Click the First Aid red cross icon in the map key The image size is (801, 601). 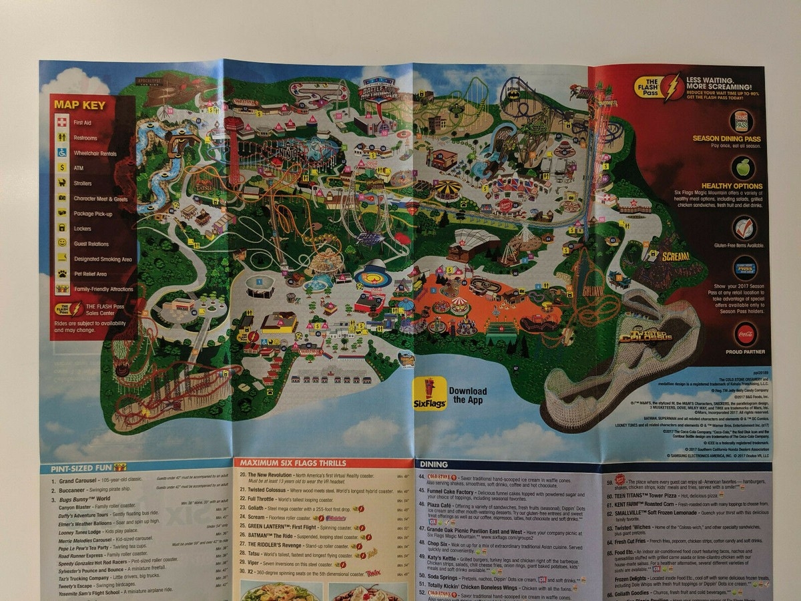tap(62, 123)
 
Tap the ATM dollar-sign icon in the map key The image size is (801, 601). tap(62, 168)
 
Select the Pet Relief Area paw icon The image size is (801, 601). tap(62, 274)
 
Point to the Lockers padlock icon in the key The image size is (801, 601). tap(62, 228)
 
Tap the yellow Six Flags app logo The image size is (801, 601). tap(429, 393)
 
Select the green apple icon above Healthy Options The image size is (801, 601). tap(742, 167)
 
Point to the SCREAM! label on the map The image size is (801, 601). tap(675, 256)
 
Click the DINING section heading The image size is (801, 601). tap(434, 464)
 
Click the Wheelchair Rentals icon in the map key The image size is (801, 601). tap(62, 153)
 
